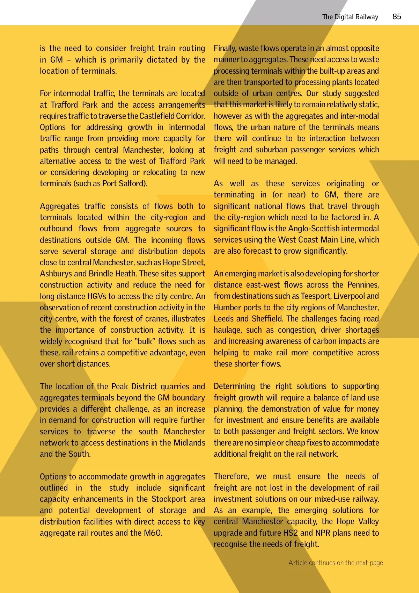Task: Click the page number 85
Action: coord(397,16)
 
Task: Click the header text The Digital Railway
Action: coord(350,17)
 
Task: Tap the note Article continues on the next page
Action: coord(336,563)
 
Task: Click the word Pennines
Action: coord(363,285)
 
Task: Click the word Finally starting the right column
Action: coord(225,48)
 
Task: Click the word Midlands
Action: coord(189,443)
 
